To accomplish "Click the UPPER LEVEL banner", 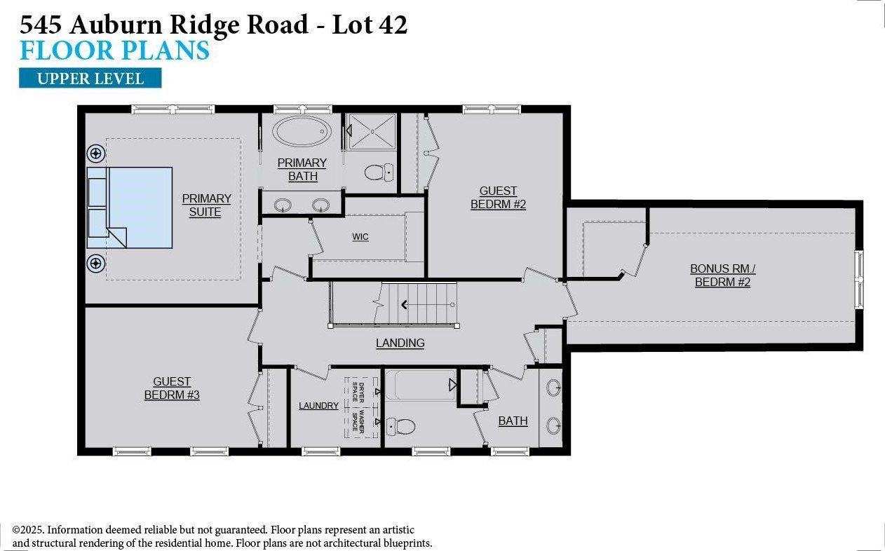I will (90, 78).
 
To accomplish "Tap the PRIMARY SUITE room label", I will (206, 205).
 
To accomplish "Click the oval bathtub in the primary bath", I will (302, 131).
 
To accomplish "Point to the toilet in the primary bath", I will (380, 170).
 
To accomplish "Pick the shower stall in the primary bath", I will (370, 132).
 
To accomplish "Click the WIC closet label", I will (360, 237).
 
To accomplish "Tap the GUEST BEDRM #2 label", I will (498, 197).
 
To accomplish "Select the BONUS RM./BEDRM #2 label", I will (722, 275).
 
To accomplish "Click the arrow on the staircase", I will (405, 304).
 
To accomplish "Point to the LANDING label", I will (400, 343).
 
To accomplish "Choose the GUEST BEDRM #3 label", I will (172, 388).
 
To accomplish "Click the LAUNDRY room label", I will (318, 405).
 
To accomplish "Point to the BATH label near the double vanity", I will (513, 421).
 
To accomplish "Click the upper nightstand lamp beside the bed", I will (95, 154).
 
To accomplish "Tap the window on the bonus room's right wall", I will (858, 278).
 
